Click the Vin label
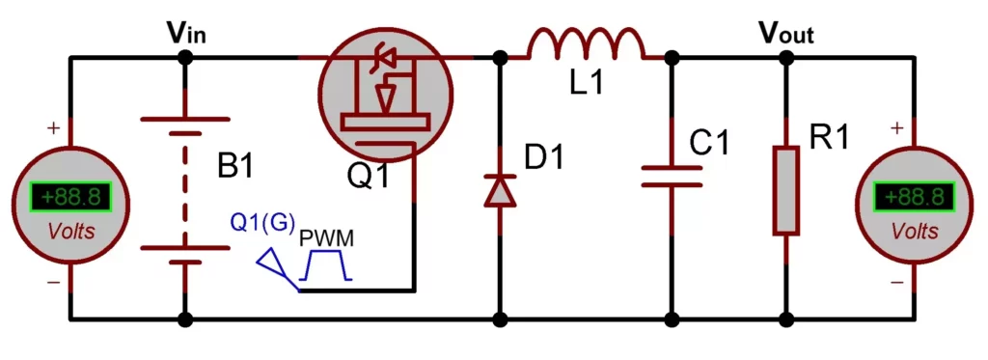pyautogui.click(x=186, y=34)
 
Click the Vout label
pyautogui.click(x=785, y=34)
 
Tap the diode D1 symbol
pyautogui.click(x=500, y=189)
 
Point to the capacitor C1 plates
pyautogui.click(x=672, y=176)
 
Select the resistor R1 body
pyautogui.click(x=786, y=190)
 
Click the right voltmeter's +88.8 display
pyautogui.click(x=915, y=198)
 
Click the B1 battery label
pyautogui.click(x=234, y=166)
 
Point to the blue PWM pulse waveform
pyautogui.click(x=325, y=265)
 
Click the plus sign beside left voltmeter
pyautogui.click(x=53, y=127)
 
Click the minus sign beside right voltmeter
pyautogui.click(x=896, y=283)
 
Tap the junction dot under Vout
pyautogui.click(x=786, y=58)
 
